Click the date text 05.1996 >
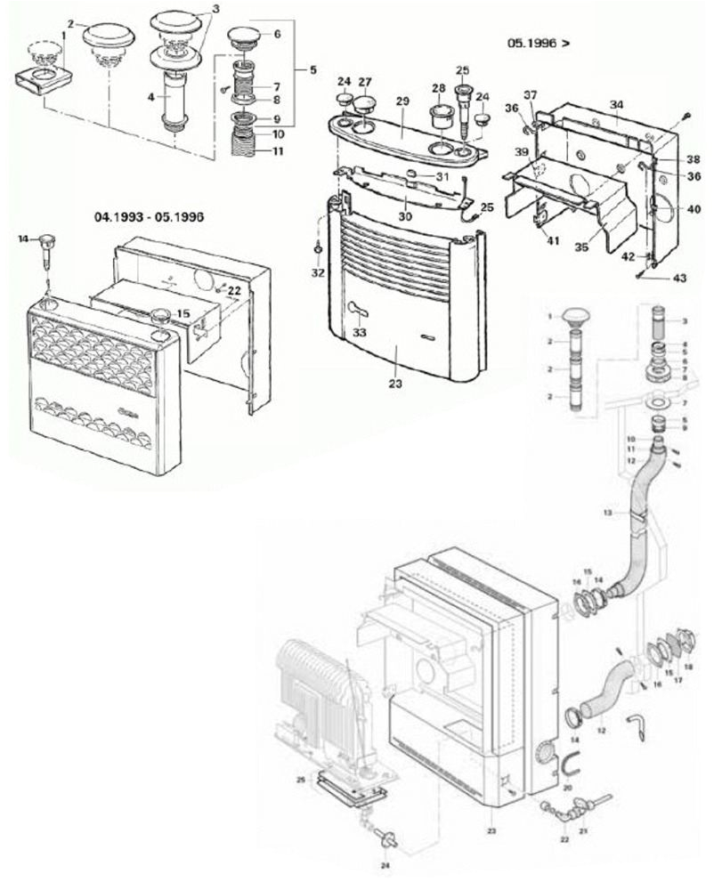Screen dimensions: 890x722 [x=539, y=42]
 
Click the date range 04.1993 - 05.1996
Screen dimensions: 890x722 [x=150, y=216]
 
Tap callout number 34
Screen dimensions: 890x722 [x=616, y=106]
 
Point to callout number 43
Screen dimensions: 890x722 [x=679, y=279]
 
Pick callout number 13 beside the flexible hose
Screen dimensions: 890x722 [x=608, y=514]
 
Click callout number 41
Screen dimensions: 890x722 [x=551, y=240]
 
